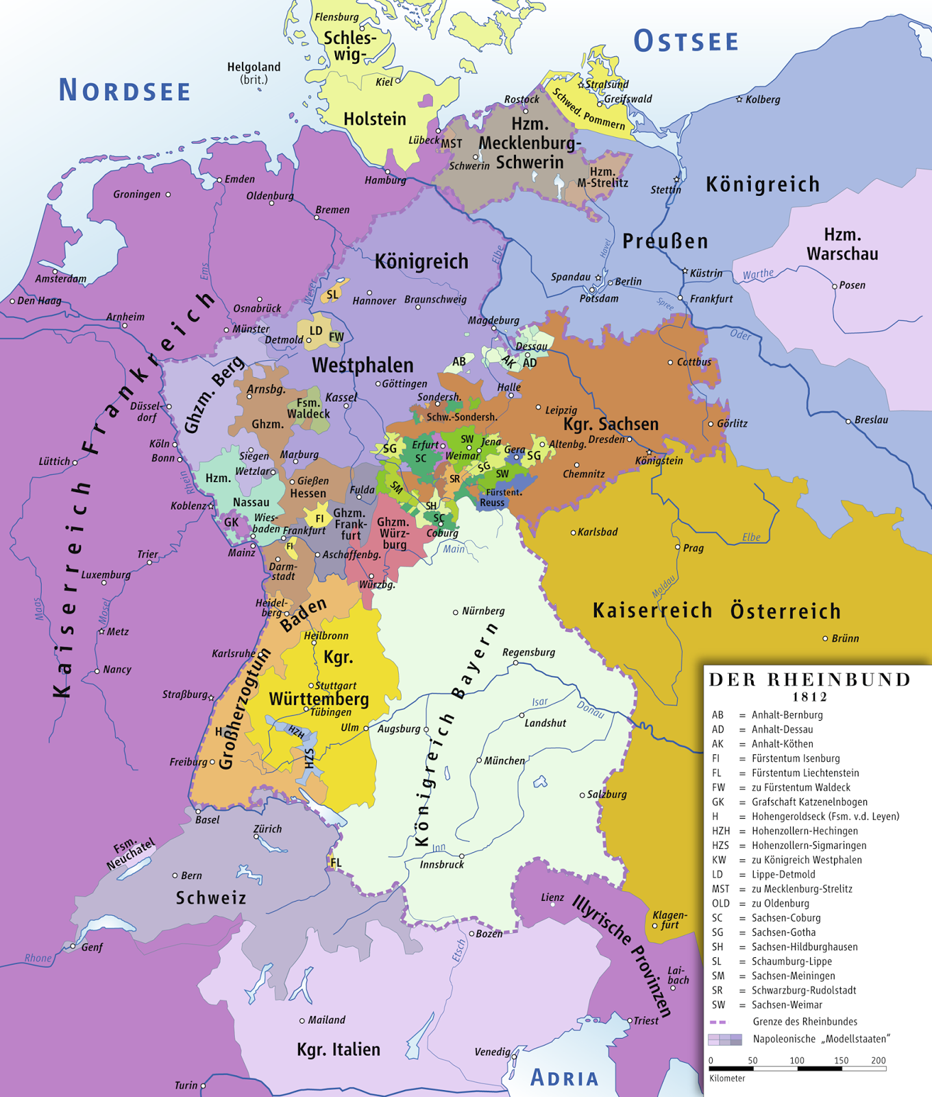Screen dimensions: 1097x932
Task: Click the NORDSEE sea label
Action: pyautogui.click(x=124, y=91)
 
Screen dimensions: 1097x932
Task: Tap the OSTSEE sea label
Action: pyautogui.click(x=686, y=41)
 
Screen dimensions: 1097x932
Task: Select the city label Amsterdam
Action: pyautogui.click(x=60, y=279)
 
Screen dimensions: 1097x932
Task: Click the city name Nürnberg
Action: pyautogui.click(x=483, y=611)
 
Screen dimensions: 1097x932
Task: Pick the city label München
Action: pyautogui.click(x=504, y=760)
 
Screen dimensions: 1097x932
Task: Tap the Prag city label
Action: pyautogui.click(x=693, y=548)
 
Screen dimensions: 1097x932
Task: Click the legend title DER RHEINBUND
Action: pyautogui.click(x=809, y=679)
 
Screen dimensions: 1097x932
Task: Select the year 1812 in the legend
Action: pyautogui.click(x=809, y=697)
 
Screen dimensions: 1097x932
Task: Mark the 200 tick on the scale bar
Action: pyautogui.click(x=878, y=1060)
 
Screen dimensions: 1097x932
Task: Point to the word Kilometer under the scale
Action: pyautogui.click(x=727, y=1078)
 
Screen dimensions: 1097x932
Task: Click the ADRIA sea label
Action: pyautogui.click(x=565, y=1078)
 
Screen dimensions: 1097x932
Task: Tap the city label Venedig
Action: pyautogui.click(x=492, y=1052)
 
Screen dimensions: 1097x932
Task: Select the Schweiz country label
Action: pyautogui.click(x=210, y=898)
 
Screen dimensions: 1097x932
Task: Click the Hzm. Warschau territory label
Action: pyautogui.click(x=842, y=244)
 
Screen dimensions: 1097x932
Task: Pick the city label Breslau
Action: pyautogui.click(x=871, y=420)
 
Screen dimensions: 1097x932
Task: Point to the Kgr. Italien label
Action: pyautogui.click(x=338, y=1050)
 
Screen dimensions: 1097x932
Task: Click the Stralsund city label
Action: pyautogui.click(x=606, y=84)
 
